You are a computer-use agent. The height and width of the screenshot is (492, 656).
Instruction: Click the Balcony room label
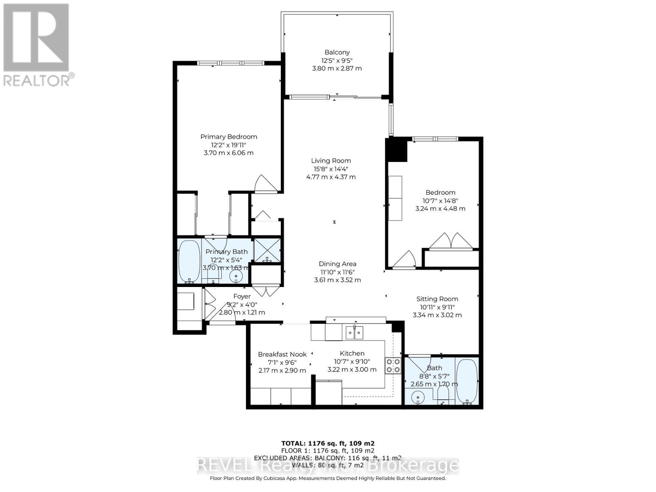pyautogui.click(x=337, y=52)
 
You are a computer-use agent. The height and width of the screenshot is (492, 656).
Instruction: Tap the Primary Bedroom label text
pyautogui.click(x=229, y=137)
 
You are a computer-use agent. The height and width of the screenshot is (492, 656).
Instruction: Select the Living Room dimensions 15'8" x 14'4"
pyautogui.click(x=331, y=169)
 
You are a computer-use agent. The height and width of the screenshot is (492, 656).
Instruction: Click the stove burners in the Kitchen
pyautogui.click(x=392, y=365)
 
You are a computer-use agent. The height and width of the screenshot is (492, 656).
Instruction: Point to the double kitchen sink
pyautogui.click(x=354, y=332)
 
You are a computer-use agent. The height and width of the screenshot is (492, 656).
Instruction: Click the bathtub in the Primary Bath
pyautogui.click(x=189, y=261)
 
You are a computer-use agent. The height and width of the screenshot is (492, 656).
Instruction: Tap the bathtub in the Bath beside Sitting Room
pyautogui.click(x=467, y=380)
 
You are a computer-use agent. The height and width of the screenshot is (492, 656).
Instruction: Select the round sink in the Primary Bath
pyautogui.click(x=236, y=276)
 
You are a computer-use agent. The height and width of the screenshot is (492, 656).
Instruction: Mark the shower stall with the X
pyautogui.click(x=267, y=250)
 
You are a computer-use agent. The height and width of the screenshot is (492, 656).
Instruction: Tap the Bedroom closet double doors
pyautogui.click(x=451, y=241)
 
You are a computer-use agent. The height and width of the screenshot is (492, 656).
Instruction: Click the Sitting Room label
pyautogui.click(x=437, y=299)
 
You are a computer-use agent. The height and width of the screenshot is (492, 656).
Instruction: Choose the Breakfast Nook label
pyautogui.click(x=282, y=355)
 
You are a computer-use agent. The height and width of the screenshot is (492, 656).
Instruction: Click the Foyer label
pyautogui.click(x=242, y=296)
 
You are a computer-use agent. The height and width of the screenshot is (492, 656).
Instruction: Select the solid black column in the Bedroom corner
pyautogui.click(x=396, y=150)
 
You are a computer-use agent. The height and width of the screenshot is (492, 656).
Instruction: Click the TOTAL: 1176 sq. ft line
pyautogui.click(x=328, y=443)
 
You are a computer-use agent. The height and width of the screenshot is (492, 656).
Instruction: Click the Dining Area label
pyautogui.click(x=337, y=264)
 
